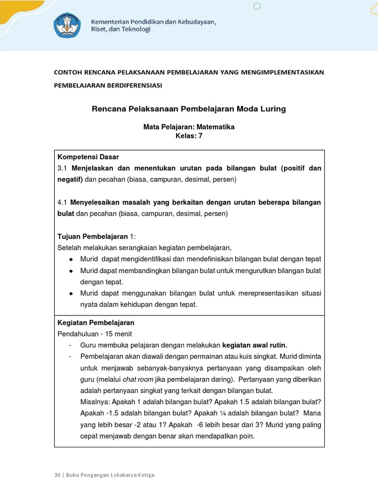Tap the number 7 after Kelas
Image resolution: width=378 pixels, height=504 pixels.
(x=200, y=136)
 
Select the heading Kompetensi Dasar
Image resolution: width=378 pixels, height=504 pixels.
(x=88, y=157)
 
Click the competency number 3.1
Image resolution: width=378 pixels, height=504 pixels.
(x=62, y=168)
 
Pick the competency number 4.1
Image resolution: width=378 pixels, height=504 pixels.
(x=62, y=202)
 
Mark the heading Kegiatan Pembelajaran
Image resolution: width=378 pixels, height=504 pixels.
(x=96, y=323)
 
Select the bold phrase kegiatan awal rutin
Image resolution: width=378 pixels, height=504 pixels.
(x=254, y=345)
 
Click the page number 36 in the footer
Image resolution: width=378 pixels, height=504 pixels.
(x=57, y=475)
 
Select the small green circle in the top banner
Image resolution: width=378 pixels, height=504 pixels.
(x=256, y=6)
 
